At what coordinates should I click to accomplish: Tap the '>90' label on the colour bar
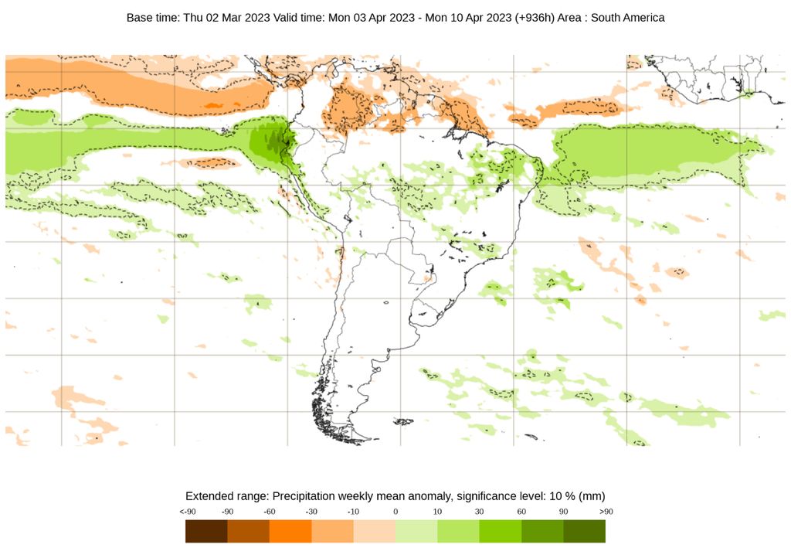tap(606, 512)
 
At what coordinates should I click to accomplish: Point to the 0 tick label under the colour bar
tap(395, 512)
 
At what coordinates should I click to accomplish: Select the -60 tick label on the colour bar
tap(270, 512)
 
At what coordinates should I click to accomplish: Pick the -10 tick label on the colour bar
tap(353, 512)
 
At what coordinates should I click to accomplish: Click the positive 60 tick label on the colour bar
tap(521, 512)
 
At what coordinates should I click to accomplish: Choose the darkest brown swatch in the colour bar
tap(206, 531)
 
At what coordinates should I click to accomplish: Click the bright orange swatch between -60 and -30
tap(290, 531)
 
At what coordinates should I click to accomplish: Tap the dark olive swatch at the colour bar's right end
tap(585, 531)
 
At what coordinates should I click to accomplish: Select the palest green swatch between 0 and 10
tap(416, 531)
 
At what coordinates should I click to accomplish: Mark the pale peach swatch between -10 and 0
tap(375, 531)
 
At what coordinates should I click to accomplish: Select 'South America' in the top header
tap(626, 16)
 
